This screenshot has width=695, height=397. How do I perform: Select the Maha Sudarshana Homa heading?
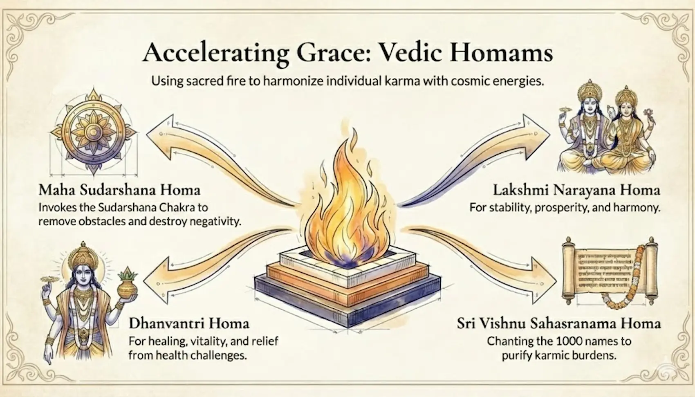(119, 190)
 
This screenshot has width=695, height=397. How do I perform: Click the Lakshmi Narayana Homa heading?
(576, 190)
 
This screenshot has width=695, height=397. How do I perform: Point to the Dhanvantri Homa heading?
(189, 323)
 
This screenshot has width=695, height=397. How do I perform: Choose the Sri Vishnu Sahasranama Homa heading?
(559, 323)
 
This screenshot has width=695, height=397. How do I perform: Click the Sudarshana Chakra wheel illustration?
(93, 132)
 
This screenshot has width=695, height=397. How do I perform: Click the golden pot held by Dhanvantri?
(128, 288)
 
